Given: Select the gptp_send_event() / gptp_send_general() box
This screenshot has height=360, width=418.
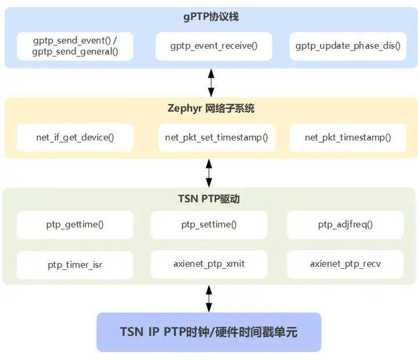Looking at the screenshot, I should click(75, 46).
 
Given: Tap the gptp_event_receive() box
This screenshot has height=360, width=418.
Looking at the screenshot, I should click(214, 46).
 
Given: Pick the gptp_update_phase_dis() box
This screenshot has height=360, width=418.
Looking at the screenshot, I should click(348, 46).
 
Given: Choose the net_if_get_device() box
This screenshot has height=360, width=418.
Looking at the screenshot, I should click(75, 138).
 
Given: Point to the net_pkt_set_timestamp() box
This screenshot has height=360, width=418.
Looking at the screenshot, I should click(216, 138).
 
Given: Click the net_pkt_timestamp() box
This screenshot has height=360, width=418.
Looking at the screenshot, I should click(348, 138).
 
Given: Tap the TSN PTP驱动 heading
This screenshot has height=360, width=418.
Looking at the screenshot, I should click(209, 199).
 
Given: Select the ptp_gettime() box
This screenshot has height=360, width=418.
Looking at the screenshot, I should click(75, 225).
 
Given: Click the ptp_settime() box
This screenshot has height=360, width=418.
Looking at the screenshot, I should click(209, 225).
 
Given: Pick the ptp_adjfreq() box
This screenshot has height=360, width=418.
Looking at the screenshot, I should click(345, 225).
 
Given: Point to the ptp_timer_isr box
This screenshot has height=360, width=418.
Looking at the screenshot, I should click(75, 264).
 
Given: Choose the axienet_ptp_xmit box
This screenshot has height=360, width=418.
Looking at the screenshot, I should click(209, 264).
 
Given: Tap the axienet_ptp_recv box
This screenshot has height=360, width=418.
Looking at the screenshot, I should click(345, 264).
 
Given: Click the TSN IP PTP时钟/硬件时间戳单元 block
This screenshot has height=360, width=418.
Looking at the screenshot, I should click(208, 332).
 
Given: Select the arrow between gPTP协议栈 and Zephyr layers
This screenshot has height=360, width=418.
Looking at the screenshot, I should click(211, 82).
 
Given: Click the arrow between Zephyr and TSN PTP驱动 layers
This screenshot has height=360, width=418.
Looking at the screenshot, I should click(209, 172).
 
